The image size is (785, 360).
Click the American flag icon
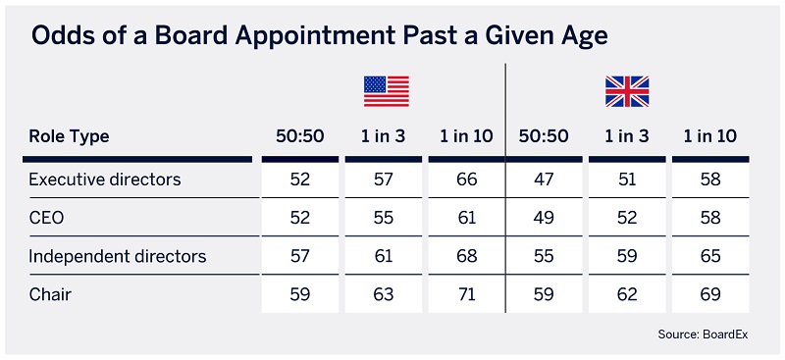[386, 90]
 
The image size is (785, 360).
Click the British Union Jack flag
[627, 90]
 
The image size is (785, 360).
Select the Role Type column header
[69, 136]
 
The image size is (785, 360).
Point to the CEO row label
[46, 219]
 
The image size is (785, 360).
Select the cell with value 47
[544, 180]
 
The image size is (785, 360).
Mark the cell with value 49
[544, 219]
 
